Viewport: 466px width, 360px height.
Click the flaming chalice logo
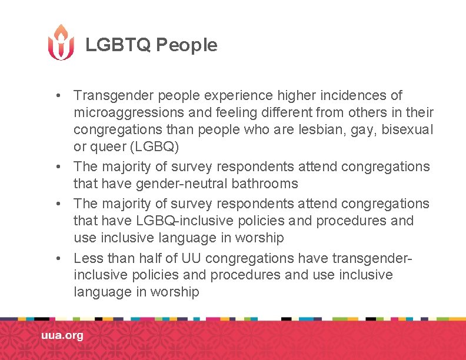coord(61,42)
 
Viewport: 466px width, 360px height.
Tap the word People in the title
coord(187,45)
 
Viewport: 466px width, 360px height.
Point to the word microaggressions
coord(127,112)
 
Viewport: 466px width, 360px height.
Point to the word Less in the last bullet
coord(88,257)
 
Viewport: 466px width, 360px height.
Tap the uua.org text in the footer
coord(62,336)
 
